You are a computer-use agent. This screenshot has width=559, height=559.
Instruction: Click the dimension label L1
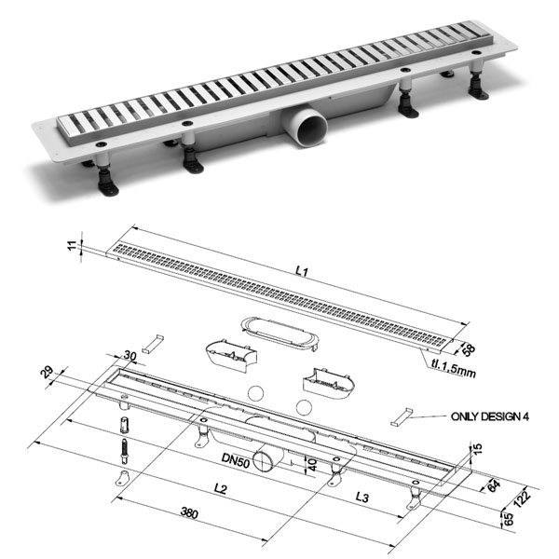point(300,271)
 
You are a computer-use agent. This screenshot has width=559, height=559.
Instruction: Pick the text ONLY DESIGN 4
point(489,416)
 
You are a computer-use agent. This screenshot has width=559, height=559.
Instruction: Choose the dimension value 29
point(48,375)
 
